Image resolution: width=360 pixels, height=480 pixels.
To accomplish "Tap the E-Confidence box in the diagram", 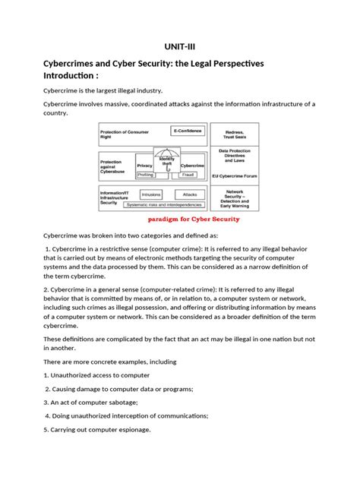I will [x=187, y=131].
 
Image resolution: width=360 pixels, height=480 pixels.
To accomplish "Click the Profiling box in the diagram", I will [x=145, y=174].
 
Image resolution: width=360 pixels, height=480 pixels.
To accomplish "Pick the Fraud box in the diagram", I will [x=188, y=174].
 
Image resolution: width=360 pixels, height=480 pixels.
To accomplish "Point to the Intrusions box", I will [x=151, y=194].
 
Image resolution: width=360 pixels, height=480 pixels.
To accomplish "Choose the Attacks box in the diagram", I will [x=189, y=194].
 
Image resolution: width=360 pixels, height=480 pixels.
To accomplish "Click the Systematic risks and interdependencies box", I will [x=164, y=204].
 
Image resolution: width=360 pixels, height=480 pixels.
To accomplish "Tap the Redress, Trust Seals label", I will [x=234, y=134].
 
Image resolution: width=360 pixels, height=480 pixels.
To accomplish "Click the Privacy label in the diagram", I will [x=144, y=165].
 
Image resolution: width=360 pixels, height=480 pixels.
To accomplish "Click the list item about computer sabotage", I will [x=95, y=402].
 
